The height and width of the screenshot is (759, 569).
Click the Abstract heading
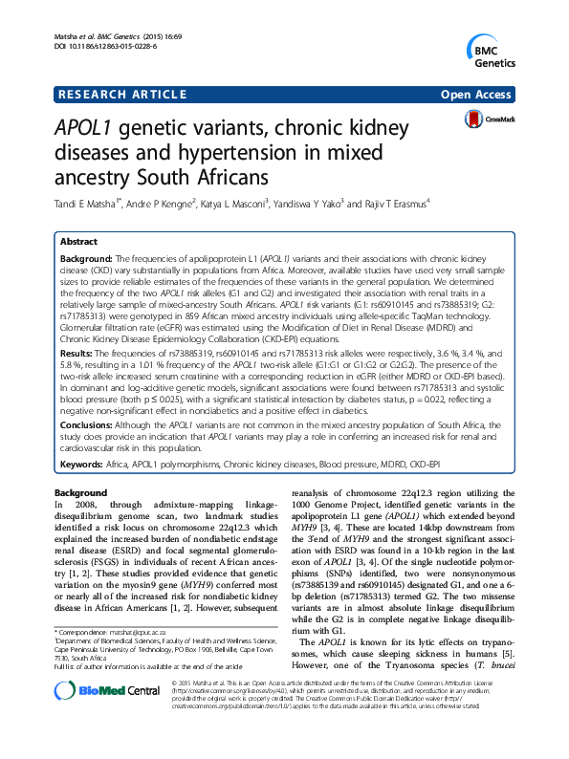pos(78,243)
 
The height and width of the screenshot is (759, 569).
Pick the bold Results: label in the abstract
pos(79,353)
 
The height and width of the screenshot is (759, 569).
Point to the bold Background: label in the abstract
pos(87,258)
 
